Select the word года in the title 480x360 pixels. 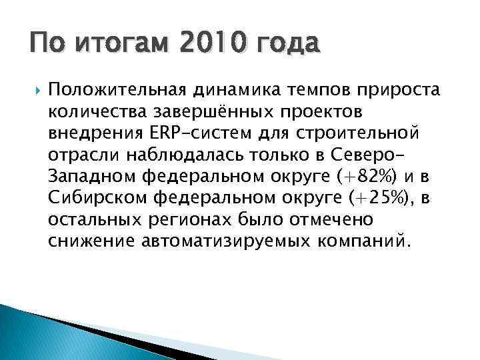click(283, 45)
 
